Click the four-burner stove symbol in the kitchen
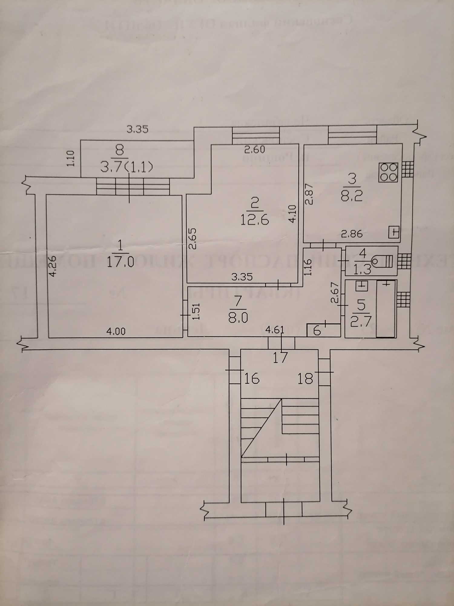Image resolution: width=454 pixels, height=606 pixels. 388,173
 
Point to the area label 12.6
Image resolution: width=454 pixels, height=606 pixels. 255,220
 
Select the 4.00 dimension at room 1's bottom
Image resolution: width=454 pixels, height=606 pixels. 116,332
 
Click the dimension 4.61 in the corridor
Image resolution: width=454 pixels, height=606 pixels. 275,330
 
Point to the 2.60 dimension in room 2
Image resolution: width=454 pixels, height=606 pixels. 255,150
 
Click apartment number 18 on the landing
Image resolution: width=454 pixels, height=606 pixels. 305,378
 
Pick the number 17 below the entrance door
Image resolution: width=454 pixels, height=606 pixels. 280,358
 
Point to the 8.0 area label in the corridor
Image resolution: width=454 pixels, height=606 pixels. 239,318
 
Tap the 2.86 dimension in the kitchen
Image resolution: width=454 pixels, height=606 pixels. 352,234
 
